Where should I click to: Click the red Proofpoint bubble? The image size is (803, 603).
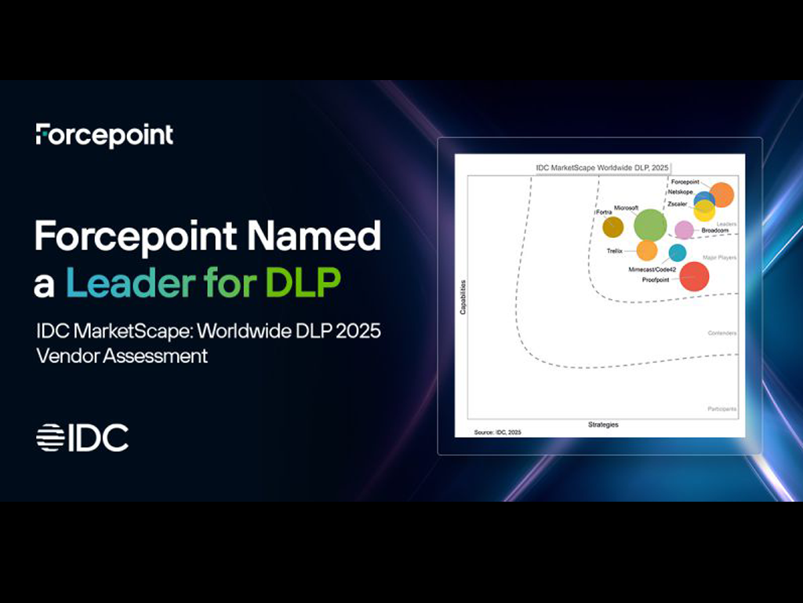(694, 276)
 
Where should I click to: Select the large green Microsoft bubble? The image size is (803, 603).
(650, 225)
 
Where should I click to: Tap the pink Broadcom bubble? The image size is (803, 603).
(685, 229)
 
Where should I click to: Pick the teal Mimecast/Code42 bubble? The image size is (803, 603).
(678, 253)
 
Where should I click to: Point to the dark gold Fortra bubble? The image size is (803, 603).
(612, 227)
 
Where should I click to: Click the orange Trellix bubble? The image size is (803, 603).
(647, 250)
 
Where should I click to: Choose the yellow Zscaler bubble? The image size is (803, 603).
(704, 210)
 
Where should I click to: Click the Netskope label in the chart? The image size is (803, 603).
(680, 192)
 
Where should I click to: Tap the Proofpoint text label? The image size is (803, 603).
(656, 280)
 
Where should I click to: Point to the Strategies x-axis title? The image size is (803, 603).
(603, 425)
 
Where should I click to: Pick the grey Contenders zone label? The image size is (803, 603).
(721, 334)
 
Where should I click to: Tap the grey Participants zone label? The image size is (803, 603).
(721, 409)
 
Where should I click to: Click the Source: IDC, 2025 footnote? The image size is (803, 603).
(497, 433)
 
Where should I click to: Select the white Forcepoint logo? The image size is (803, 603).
(104, 135)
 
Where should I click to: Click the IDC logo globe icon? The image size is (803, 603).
(49, 437)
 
